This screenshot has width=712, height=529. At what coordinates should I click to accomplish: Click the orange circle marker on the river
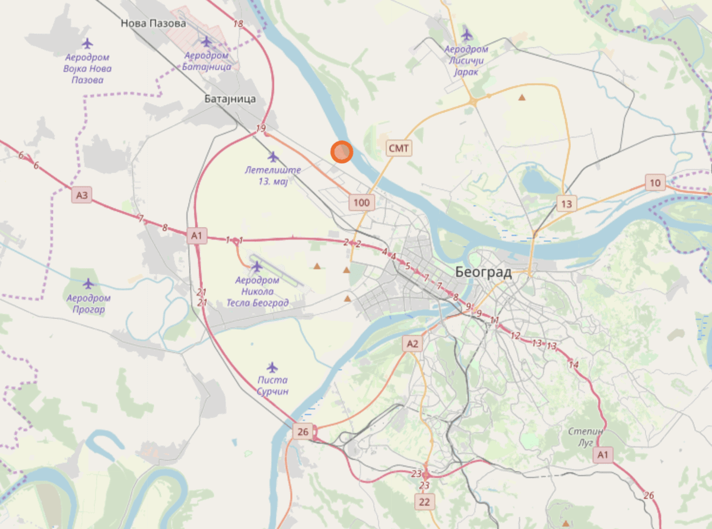click(342, 152)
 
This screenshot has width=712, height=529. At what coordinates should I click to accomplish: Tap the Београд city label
click(483, 272)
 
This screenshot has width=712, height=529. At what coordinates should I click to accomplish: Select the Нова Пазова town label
click(153, 24)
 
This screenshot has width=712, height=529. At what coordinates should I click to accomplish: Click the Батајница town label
click(231, 98)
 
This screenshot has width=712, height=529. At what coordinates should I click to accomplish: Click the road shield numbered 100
click(361, 203)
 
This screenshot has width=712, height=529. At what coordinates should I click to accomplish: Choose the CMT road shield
click(398, 148)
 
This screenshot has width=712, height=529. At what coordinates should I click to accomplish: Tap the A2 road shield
click(412, 343)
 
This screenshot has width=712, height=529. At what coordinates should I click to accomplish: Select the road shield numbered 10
click(654, 183)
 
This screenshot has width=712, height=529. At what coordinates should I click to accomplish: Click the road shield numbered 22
click(425, 502)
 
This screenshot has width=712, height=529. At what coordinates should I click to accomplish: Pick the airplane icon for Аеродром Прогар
click(88, 283)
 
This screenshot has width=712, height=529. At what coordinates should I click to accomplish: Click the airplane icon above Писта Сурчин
click(272, 367)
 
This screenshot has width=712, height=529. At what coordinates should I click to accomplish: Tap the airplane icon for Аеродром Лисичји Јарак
click(467, 34)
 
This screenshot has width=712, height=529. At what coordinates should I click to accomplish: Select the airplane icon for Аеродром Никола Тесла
click(257, 267)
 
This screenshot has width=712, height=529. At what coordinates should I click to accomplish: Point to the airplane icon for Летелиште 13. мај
click(273, 157)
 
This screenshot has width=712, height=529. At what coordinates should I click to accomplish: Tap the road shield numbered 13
click(567, 204)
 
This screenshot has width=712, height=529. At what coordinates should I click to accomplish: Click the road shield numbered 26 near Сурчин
click(303, 432)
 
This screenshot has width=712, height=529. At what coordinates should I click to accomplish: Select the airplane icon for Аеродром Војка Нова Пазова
click(88, 43)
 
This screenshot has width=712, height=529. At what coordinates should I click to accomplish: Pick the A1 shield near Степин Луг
click(603, 455)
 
